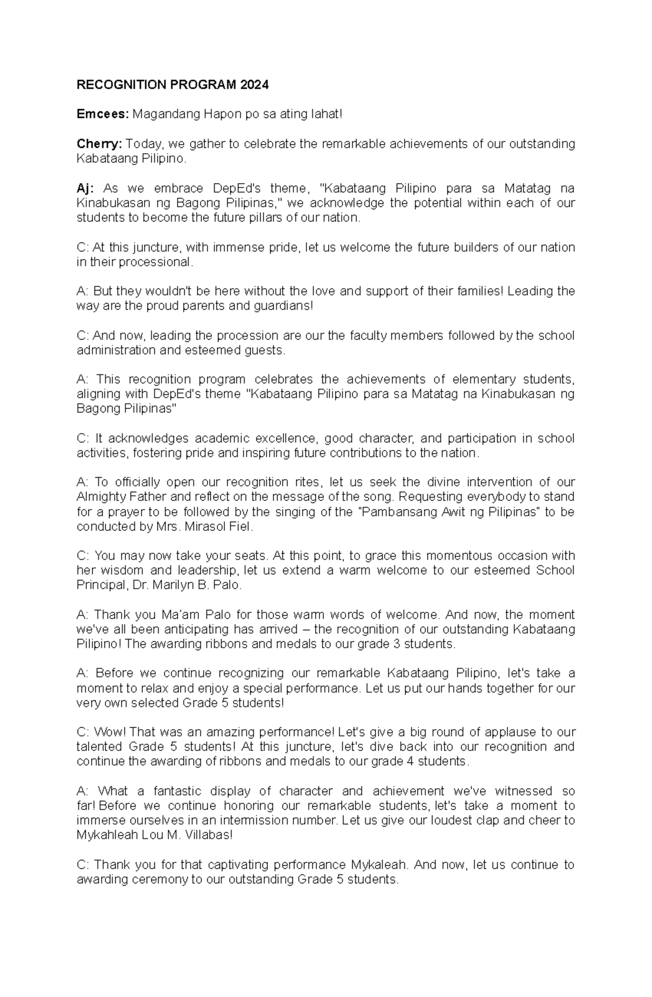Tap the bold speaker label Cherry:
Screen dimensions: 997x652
pyautogui.click(x=100, y=144)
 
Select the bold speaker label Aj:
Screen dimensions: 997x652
pyautogui.click(x=85, y=189)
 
